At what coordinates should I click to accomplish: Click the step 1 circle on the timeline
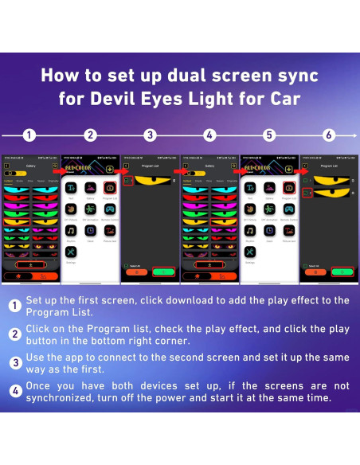[x=29, y=135]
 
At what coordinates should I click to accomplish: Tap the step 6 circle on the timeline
[x=329, y=135]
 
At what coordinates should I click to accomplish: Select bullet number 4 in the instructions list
[x=15, y=391]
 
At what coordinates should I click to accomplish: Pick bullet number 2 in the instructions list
[x=15, y=334]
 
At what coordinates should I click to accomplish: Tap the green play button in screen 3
[x=164, y=272]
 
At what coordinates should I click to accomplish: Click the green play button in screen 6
[x=342, y=272]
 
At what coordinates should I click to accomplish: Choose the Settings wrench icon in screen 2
[x=71, y=252]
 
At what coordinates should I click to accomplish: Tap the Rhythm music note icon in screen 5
[x=250, y=231]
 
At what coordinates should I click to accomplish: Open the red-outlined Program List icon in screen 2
[x=110, y=188]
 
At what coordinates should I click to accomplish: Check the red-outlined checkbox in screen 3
[x=127, y=182]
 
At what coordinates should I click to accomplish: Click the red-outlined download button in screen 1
[x=30, y=263]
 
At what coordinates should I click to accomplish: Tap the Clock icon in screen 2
[x=91, y=231]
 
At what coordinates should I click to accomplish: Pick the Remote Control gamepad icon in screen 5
[x=290, y=209]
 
